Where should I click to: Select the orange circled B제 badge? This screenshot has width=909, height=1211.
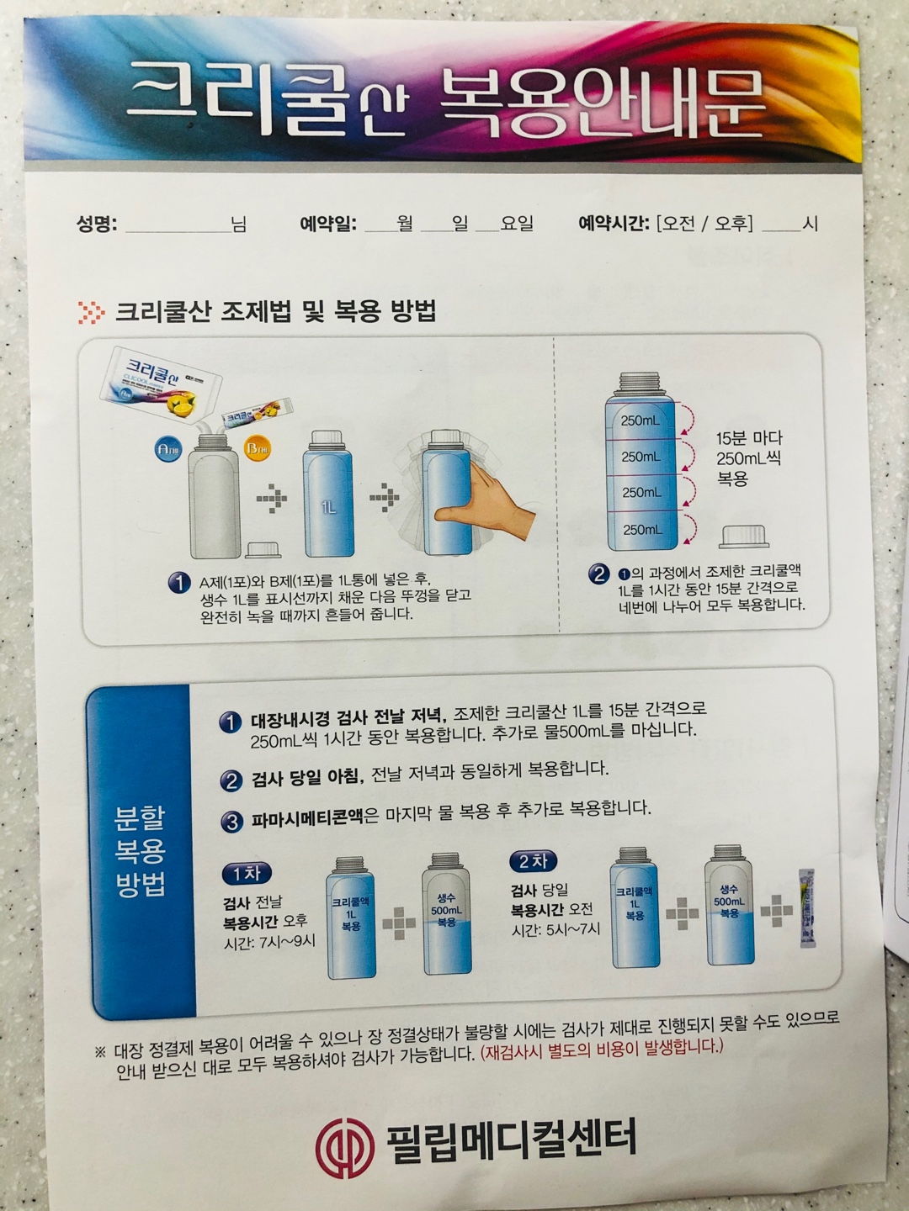pyautogui.click(x=257, y=448)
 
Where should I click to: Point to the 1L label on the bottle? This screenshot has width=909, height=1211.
pyautogui.click(x=328, y=507)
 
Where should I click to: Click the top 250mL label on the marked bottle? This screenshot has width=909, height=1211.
pyautogui.click(x=640, y=420)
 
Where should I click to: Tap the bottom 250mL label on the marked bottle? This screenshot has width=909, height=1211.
pyautogui.click(x=641, y=530)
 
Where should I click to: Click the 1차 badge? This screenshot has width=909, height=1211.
pyautogui.click(x=247, y=874)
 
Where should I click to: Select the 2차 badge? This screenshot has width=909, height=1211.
pyautogui.click(x=533, y=861)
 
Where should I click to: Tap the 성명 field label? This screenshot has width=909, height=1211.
pyautogui.click(x=97, y=225)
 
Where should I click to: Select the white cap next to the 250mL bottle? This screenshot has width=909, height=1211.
pyautogui.click(x=745, y=536)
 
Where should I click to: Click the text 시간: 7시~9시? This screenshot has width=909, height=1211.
pyautogui.click(x=269, y=942)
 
